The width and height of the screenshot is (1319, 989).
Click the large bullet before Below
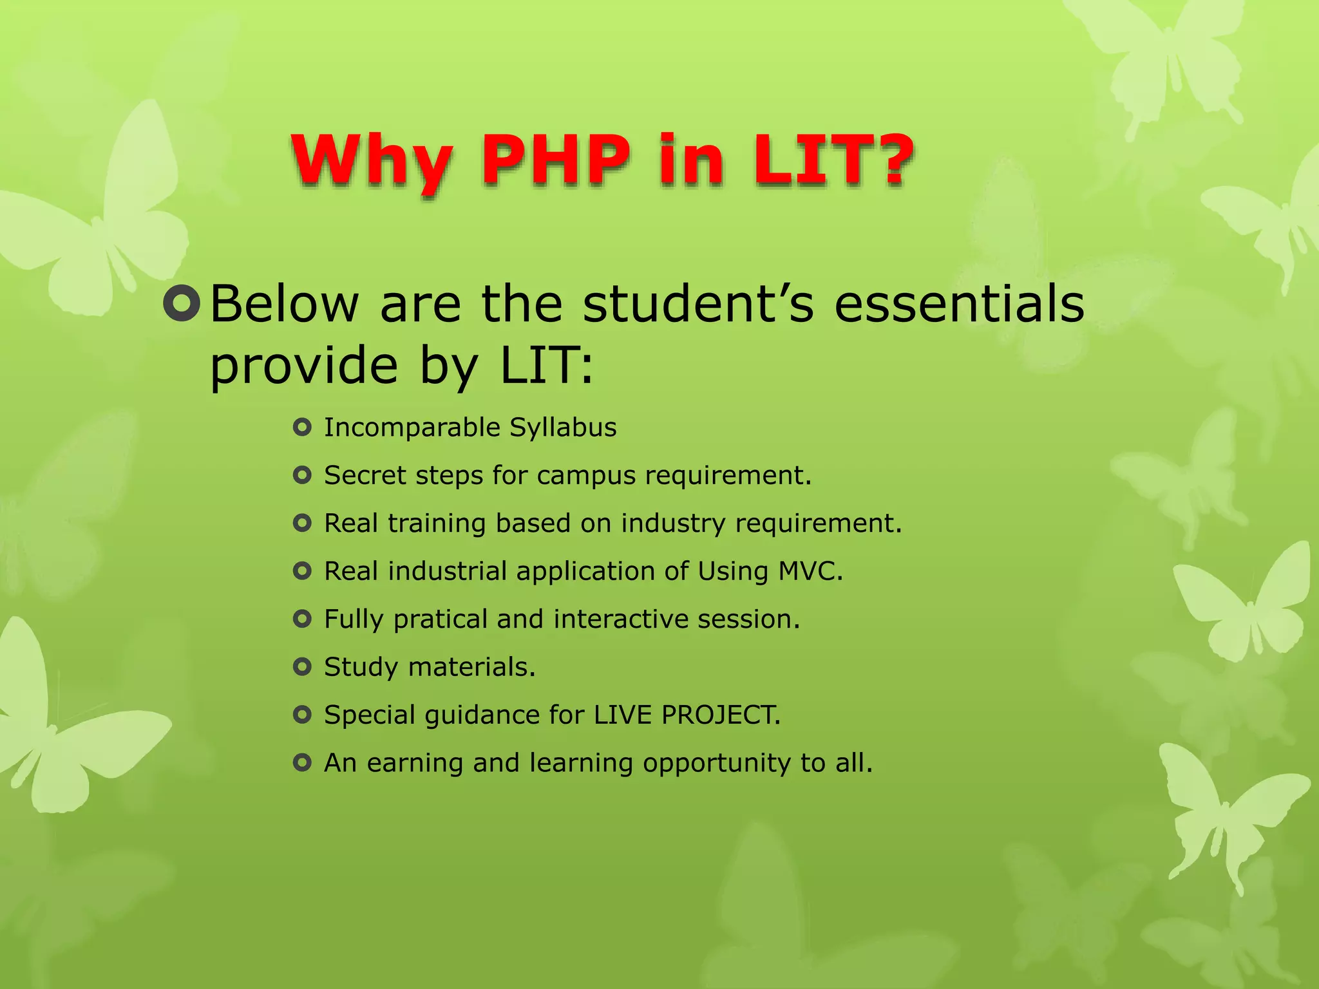click(x=182, y=303)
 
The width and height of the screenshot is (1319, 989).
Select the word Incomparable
click(x=412, y=428)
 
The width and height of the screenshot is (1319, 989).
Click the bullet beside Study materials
click(x=302, y=666)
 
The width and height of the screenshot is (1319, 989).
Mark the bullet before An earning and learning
click(x=302, y=763)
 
